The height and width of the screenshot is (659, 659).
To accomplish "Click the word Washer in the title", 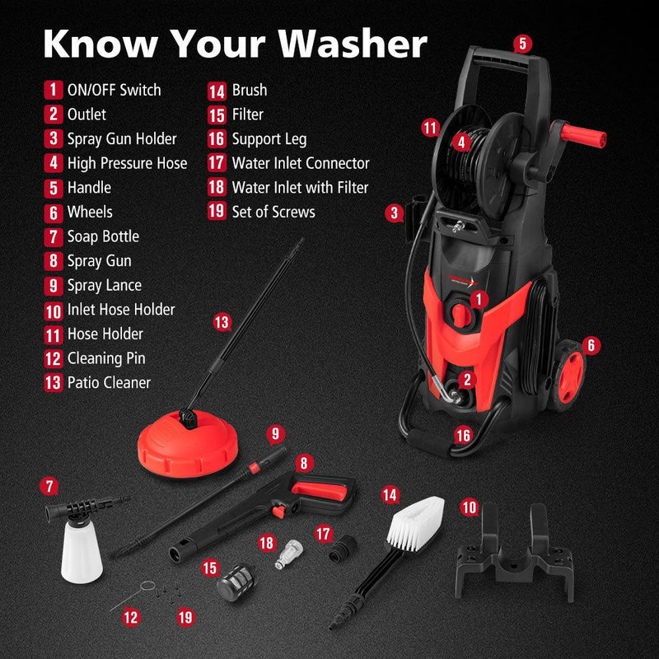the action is click(x=353, y=44).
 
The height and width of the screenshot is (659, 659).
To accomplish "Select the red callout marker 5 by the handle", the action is click(x=522, y=44).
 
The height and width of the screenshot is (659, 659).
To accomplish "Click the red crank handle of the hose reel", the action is click(x=583, y=135).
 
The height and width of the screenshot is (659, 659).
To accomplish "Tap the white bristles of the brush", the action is click(x=416, y=522).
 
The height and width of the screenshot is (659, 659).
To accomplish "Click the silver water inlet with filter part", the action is click(x=289, y=553).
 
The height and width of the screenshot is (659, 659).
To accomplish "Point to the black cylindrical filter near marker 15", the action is click(x=236, y=582).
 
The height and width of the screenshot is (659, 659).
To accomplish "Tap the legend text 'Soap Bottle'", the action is click(x=104, y=236).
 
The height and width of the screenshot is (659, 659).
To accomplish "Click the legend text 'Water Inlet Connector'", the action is click(x=301, y=163).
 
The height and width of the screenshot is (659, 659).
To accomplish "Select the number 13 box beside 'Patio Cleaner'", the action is click(x=54, y=383).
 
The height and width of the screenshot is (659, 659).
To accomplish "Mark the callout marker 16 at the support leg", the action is click(x=463, y=436).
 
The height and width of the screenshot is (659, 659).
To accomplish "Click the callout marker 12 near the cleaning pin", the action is click(x=130, y=617).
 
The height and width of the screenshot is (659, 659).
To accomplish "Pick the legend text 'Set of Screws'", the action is click(x=273, y=212).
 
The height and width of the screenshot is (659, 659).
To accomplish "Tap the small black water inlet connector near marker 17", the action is click(x=342, y=548).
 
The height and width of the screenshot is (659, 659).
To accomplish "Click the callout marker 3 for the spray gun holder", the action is click(x=394, y=213).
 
